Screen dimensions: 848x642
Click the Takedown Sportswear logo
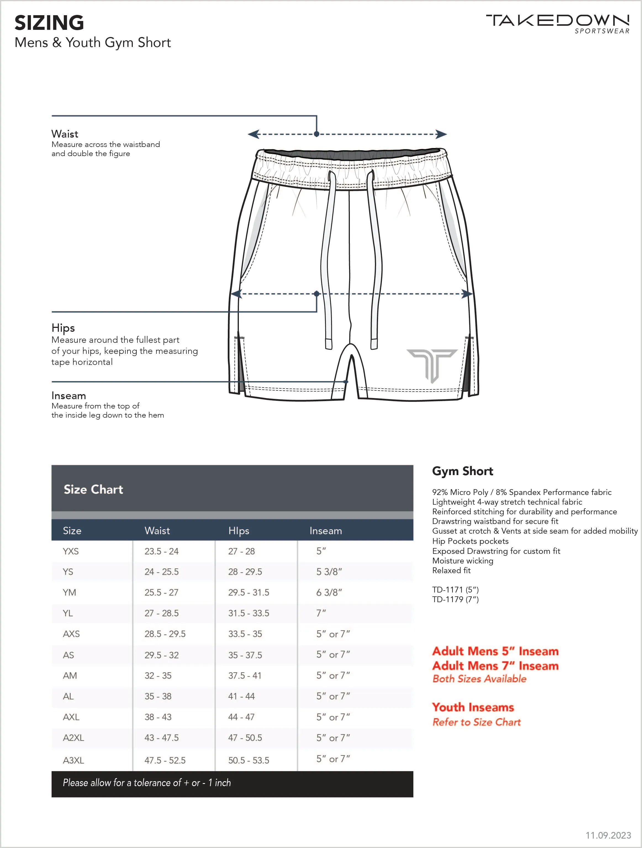coord(558,23)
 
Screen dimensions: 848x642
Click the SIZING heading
coord(49,23)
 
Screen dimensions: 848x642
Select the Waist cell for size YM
coord(161,592)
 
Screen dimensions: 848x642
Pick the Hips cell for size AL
coord(241,696)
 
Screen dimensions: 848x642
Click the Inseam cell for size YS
coord(329,572)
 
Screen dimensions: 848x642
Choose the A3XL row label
coord(73,760)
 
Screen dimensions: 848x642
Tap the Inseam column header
coord(325,531)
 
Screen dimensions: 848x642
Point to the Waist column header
coord(157,531)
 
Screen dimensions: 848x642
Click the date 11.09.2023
coord(608,835)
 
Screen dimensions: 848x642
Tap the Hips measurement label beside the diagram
coord(63,328)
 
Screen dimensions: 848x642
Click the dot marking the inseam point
coord(346,382)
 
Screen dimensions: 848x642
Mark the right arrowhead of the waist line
coord(442,134)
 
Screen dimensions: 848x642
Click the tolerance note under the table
coord(147,783)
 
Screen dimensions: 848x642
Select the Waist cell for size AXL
coord(158,717)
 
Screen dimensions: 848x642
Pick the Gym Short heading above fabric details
coord(463,471)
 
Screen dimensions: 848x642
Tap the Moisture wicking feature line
coord(463,561)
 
